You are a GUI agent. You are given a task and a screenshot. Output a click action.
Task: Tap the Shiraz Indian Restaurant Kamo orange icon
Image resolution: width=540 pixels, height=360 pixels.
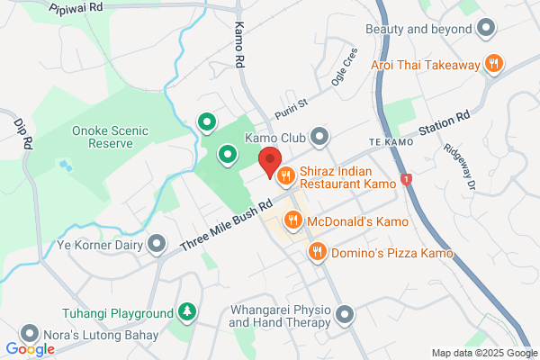tap(286, 175)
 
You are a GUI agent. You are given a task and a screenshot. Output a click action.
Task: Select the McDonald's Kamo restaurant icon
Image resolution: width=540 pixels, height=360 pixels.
tap(293, 220)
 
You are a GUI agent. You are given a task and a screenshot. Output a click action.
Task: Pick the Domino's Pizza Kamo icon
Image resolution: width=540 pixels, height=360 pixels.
tap(316, 253)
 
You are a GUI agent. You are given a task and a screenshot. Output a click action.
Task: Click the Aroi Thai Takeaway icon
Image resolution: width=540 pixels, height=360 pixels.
tap(492, 63)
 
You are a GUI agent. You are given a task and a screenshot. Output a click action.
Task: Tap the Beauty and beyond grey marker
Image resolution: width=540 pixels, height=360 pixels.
tap(486, 29)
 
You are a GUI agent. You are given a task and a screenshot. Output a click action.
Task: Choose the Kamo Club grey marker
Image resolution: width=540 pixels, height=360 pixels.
tap(319, 138)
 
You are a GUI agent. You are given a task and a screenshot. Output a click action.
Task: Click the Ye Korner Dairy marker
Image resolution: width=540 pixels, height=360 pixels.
tap(158, 244)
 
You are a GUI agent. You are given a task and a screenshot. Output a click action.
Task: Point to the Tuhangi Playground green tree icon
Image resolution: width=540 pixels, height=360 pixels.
tap(187, 313)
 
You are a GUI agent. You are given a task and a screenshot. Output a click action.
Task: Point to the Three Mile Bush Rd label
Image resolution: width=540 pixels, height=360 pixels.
tap(226, 224)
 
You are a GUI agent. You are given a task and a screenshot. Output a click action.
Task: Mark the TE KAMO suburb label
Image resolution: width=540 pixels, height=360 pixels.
tap(389, 143)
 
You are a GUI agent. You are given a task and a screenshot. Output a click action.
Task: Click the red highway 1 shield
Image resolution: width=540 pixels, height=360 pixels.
tap(407, 181)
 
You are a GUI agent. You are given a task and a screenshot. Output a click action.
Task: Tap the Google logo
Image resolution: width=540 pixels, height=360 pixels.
tap(30, 349)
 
